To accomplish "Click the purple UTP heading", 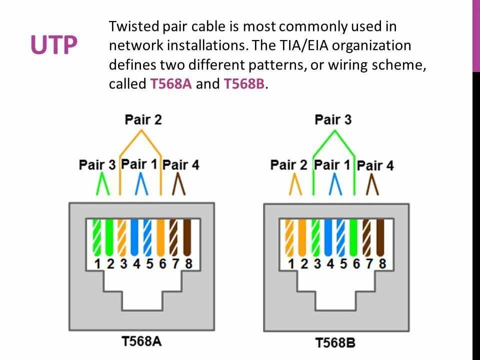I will pyautogui.click(x=53, y=45).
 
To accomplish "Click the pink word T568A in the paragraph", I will pyautogui.click(x=171, y=84).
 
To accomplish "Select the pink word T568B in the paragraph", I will pyautogui.click(x=244, y=84).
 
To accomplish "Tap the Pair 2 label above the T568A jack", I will pyautogui.click(x=143, y=119).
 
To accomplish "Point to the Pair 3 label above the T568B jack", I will pyautogui.click(x=333, y=119).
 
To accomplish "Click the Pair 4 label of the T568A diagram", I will pyautogui.click(x=181, y=164).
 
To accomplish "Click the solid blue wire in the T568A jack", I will pyautogui.click(x=135, y=237).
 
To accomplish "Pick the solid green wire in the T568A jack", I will pyautogui.click(x=110, y=237).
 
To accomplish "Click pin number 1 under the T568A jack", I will pyautogui.click(x=98, y=263).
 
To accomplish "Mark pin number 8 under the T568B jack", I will pyautogui.click(x=382, y=263).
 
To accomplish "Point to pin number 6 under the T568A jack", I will pyautogui.click(x=162, y=263).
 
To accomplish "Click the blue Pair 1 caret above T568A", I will pyautogui.click(x=141, y=184).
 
